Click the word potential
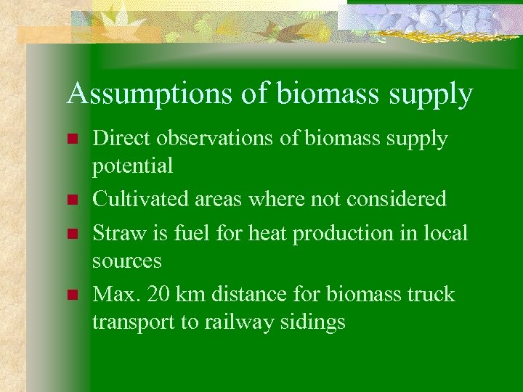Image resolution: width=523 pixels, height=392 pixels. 132,166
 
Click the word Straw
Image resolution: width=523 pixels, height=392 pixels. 113,233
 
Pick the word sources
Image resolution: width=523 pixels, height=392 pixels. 126,260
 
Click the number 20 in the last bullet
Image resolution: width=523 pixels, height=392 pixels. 158,294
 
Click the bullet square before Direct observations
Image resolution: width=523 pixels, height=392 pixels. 70,139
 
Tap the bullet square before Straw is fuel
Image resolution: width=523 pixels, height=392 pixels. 70,234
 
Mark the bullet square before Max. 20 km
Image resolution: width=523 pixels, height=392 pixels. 70,295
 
